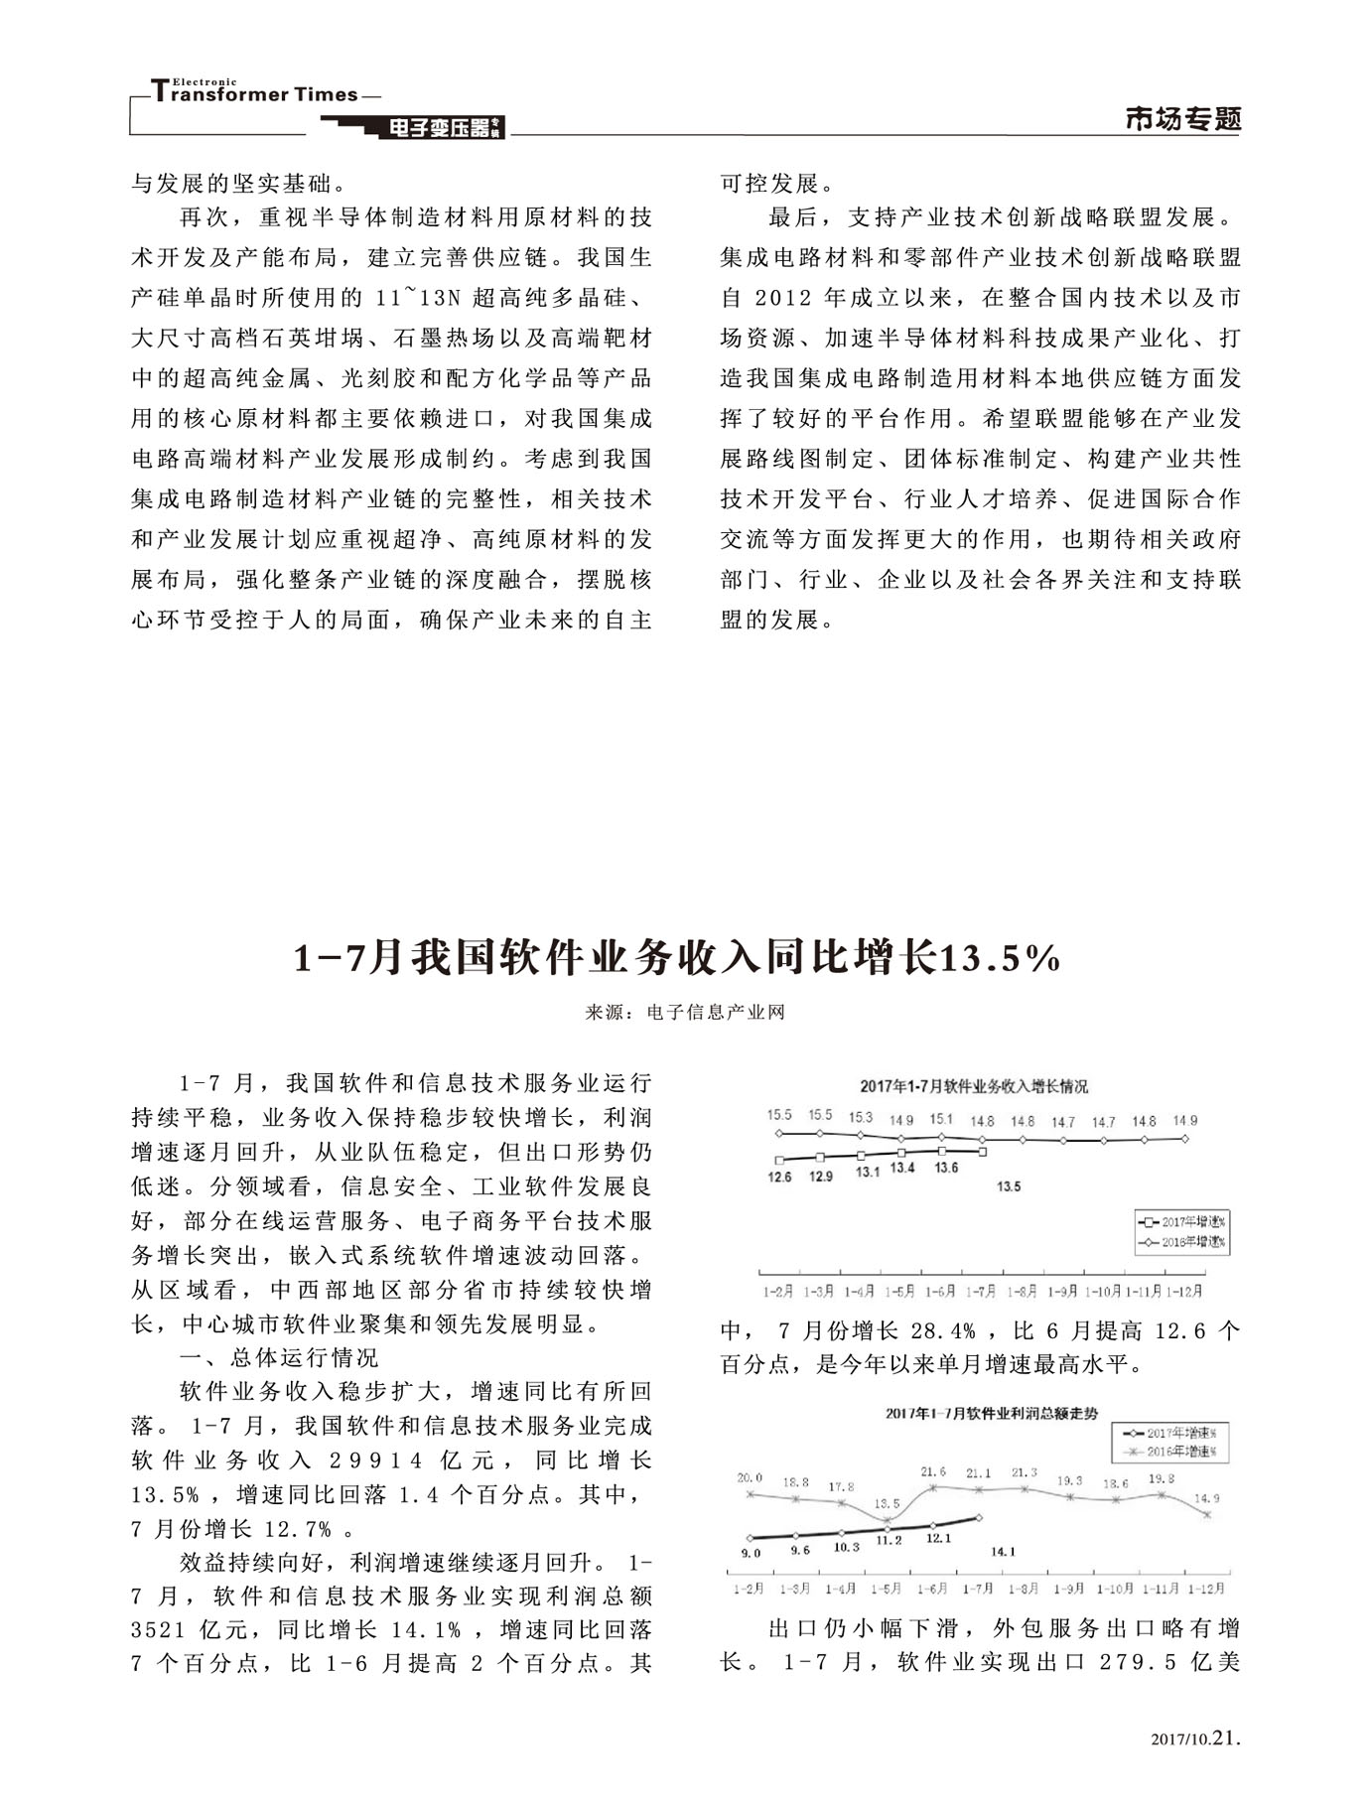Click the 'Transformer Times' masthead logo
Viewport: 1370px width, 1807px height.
click(x=254, y=93)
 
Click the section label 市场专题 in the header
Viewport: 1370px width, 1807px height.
click(x=1183, y=119)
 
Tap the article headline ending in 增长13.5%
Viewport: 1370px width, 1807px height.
click(x=678, y=957)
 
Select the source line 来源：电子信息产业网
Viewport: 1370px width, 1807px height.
click(x=685, y=1013)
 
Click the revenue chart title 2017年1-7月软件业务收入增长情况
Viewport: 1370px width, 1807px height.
click(x=973, y=1086)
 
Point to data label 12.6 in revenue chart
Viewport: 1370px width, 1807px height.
click(x=780, y=1178)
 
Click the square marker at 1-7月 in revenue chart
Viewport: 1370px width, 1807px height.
click(x=982, y=1152)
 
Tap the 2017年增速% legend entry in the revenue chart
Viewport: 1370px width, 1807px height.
click(x=1183, y=1222)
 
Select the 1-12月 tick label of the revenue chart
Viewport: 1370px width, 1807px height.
click(x=1183, y=1292)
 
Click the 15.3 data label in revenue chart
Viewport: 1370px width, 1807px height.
click(x=861, y=1117)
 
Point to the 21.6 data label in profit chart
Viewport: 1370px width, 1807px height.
click(x=933, y=1471)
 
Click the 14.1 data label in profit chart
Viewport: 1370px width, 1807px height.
click(x=1004, y=1551)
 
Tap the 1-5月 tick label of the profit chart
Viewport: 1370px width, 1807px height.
click(x=887, y=1589)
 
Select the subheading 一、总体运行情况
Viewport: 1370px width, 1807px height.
click(x=279, y=1357)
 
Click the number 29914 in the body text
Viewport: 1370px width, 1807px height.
click(x=376, y=1460)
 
